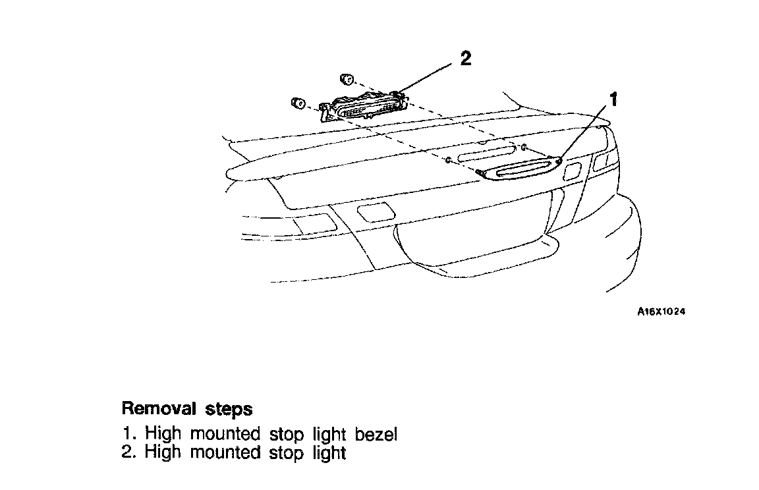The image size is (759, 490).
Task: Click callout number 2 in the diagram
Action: pos(465,59)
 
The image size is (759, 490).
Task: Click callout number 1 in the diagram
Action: pos(613,99)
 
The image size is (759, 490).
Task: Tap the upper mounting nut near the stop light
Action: pos(347,80)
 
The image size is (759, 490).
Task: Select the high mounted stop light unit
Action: pos(362,106)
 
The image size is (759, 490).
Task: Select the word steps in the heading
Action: pos(228,410)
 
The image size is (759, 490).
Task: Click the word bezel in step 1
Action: pos(376,435)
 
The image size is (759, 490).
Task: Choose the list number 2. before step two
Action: pos(129,453)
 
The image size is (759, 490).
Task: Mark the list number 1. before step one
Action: pos(129,435)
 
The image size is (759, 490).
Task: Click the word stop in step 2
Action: pos(287,453)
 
